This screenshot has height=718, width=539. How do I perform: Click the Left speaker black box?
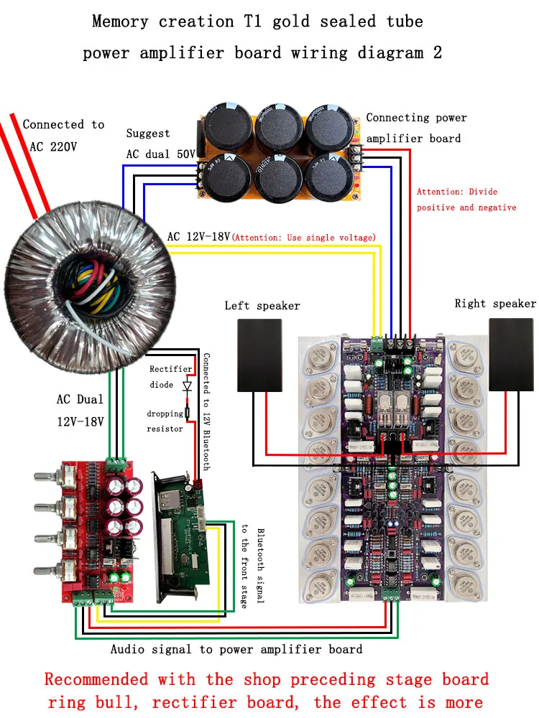268,355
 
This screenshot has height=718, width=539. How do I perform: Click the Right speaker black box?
512,355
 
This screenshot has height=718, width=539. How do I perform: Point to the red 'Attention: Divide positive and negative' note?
466,200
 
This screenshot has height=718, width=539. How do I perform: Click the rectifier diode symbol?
188,386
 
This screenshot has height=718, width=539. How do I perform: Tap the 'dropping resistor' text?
165,421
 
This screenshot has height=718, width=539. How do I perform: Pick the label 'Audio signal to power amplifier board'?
236,649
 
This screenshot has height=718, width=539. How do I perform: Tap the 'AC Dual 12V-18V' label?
80,411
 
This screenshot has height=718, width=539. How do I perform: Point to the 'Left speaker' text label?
262,306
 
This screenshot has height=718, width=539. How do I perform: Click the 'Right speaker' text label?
495,304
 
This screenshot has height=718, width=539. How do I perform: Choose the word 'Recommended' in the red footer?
96,679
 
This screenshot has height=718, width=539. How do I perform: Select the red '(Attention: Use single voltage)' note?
305,238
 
